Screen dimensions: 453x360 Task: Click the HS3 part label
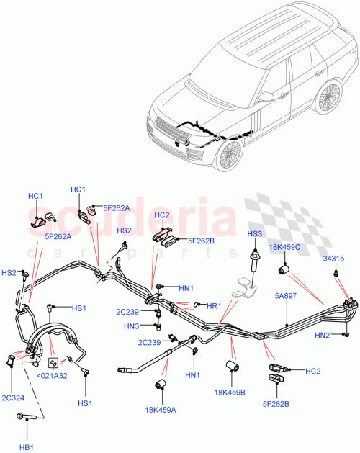[x=256, y=234]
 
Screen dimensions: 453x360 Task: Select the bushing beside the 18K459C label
[x=284, y=270]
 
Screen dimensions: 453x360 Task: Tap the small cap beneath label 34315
[x=336, y=273]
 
